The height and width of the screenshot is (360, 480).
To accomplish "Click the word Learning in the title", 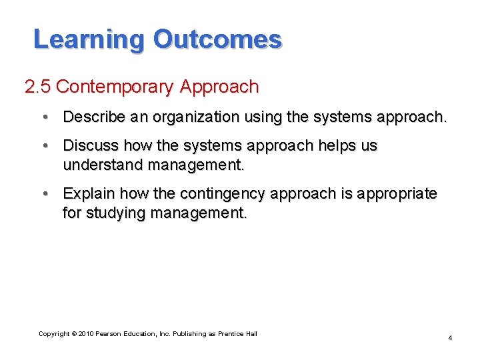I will coord(88,39).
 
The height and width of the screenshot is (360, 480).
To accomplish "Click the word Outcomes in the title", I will coord(217,39).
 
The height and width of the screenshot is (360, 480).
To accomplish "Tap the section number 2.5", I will coord(37,87).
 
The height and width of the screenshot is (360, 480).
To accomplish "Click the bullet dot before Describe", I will coord(44,117).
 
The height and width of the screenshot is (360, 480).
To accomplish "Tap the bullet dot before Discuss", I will coord(44,145).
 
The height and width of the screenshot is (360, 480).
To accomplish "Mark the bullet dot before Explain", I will coord(44,193).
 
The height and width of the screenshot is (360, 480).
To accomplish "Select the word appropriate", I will coord(400,193).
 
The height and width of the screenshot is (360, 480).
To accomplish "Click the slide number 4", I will coord(450,338).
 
